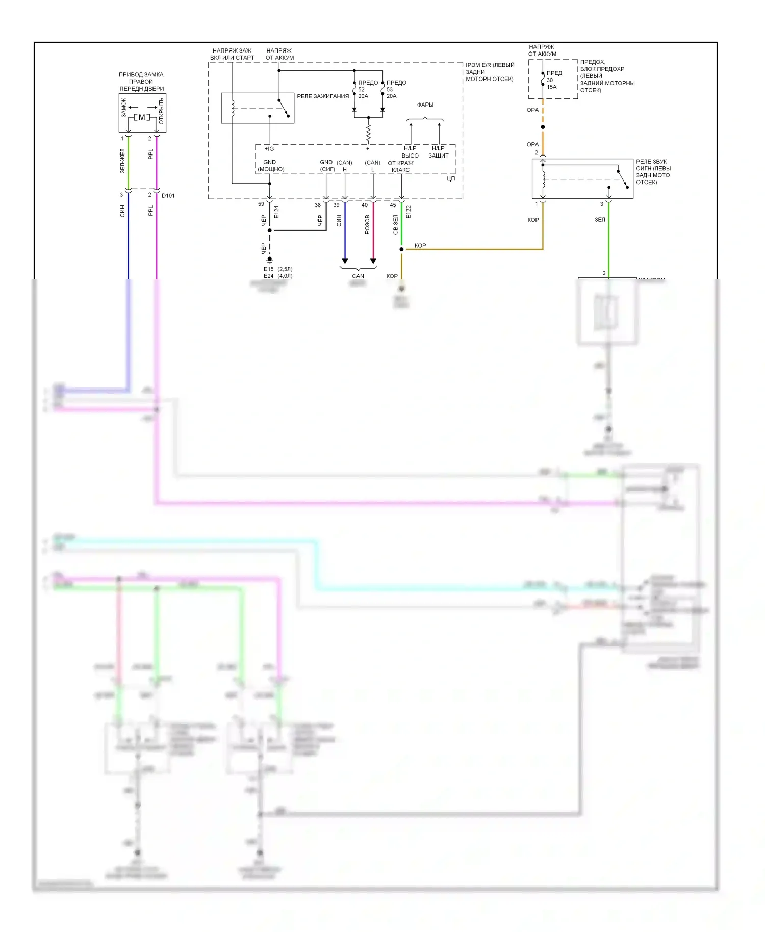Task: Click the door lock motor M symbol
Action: [142, 117]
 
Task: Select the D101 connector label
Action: [168, 196]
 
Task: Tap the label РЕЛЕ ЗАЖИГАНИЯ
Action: [323, 96]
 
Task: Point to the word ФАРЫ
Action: [425, 105]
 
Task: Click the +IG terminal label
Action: [269, 149]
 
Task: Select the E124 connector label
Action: [276, 212]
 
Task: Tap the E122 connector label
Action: [408, 212]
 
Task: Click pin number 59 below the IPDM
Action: [261, 204]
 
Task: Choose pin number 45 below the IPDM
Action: [393, 205]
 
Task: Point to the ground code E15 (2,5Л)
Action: [278, 269]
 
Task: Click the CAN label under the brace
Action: [358, 276]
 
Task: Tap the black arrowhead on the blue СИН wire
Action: [345, 261]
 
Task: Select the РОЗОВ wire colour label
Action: [367, 225]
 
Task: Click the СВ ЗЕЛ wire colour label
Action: [395, 224]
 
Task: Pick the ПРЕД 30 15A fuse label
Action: [553, 80]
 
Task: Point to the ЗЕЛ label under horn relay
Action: [600, 220]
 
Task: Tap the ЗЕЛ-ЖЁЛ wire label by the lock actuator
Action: [122, 161]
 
